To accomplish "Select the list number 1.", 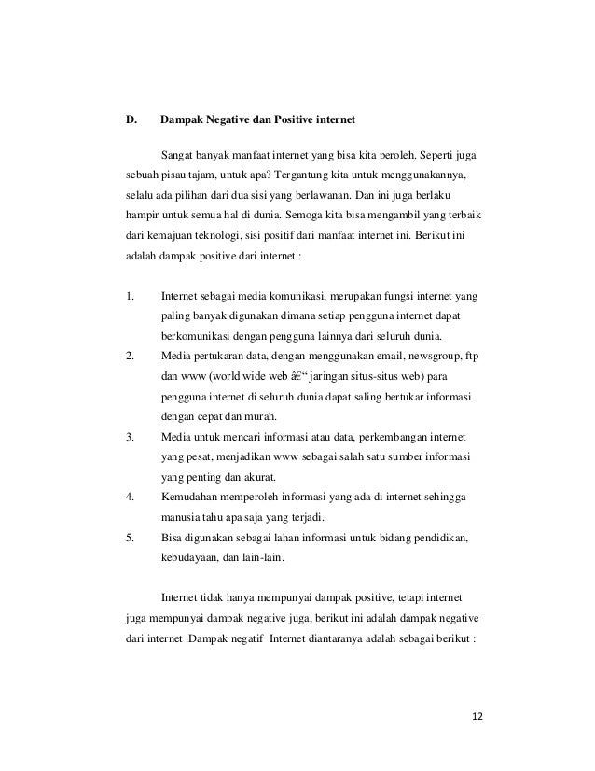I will coord(130,297).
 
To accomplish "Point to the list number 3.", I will coord(130,436).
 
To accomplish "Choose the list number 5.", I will coord(130,539).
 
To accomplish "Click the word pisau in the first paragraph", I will coord(173,175).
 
